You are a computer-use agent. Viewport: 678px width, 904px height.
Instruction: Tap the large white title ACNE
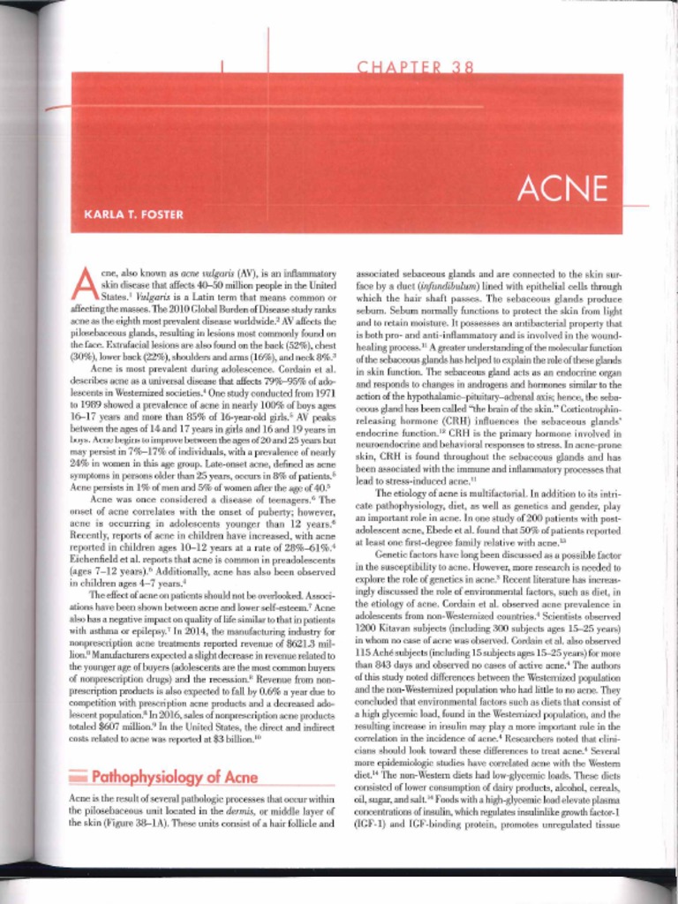pyautogui.click(x=563, y=187)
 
